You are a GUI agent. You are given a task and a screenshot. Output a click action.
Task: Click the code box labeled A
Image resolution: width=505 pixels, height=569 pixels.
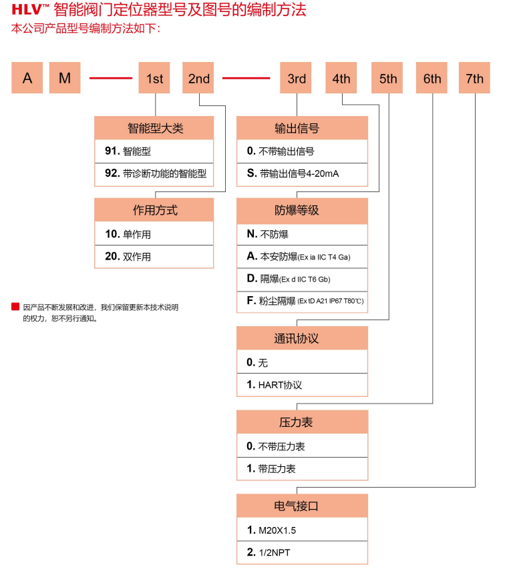click(x=27, y=78)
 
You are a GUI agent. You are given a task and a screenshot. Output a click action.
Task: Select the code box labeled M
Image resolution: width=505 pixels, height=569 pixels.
click(x=65, y=78)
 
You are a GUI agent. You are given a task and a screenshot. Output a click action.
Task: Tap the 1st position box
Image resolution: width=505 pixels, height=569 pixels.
click(x=154, y=78)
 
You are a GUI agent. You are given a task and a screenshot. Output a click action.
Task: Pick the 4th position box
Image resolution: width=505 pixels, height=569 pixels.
click(x=341, y=78)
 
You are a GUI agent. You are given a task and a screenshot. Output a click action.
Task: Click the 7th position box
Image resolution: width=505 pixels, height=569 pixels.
click(x=474, y=78)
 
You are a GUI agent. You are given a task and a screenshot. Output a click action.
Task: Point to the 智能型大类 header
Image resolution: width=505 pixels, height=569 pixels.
click(x=154, y=128)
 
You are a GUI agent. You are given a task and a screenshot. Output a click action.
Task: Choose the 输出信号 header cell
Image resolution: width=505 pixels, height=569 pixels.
click(x=302, y=128)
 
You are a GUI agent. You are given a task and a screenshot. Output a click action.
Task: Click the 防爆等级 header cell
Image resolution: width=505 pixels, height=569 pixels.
click(x=302, y=210)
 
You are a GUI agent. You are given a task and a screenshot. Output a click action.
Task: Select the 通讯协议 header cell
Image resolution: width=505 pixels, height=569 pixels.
click(x=302, y=338)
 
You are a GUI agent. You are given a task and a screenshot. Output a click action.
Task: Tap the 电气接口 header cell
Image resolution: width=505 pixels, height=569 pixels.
click(x=302, y=506)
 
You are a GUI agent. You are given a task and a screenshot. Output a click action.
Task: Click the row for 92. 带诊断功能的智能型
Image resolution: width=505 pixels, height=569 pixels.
click(x=154, y=173)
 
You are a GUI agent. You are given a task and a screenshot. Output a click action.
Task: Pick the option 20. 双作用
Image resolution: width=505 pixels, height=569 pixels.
click(x=154, y=257)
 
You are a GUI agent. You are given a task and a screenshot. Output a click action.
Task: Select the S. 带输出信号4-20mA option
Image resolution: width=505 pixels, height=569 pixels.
click(x=302, y=173)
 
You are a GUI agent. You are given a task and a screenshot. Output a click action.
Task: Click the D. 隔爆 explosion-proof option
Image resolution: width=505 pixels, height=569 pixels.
click(x=302, y=279)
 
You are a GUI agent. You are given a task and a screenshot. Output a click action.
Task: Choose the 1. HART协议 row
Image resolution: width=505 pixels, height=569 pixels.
click(x=302, y=385)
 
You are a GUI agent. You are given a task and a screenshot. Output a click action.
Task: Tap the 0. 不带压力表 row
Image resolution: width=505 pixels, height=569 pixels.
click(x=302, y=446)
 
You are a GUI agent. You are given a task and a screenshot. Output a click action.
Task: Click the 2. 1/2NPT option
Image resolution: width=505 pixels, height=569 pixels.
click(x=302, y=553)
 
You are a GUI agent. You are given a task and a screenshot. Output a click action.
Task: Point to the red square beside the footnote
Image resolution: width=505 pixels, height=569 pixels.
click(x=15, y=307)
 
